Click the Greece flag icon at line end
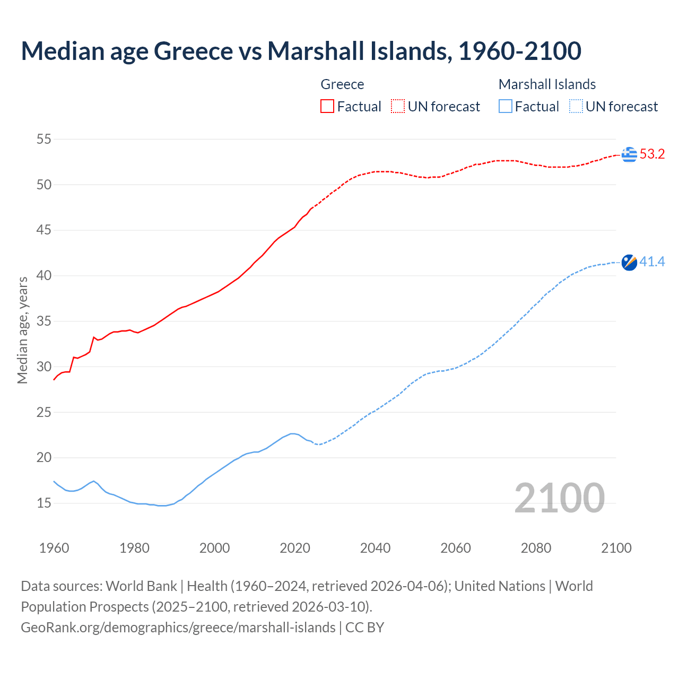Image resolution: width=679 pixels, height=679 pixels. point(629,154)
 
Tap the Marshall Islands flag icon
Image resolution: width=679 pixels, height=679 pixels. point(629,262)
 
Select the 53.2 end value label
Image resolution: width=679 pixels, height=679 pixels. point(652,154)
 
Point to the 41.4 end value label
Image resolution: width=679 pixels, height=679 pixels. point(652,262)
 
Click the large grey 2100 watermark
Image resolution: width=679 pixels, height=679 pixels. point(560,498)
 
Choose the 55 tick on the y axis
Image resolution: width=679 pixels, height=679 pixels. point(43,140)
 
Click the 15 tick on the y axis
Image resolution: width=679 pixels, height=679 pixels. point(43,503)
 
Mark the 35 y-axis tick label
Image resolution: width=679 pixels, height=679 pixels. point(43,321)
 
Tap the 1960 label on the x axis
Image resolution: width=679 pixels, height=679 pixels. point(54,548)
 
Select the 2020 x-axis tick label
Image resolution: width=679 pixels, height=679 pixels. point(295,548)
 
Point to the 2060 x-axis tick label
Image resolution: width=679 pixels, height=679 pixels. point(456,548)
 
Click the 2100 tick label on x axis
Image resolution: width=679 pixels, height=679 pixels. point(616,548)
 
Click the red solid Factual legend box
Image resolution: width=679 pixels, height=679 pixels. point(327,106)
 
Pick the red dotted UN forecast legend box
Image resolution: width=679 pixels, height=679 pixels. point(398,106)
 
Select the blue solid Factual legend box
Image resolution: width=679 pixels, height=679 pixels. point(506,106)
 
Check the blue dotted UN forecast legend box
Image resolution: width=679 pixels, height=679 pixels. point(576,106)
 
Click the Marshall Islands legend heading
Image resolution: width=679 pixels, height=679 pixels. point(547,84)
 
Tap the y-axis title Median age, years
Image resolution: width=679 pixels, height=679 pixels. point(22,330)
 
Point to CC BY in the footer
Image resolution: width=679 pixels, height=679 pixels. point(364,628)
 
